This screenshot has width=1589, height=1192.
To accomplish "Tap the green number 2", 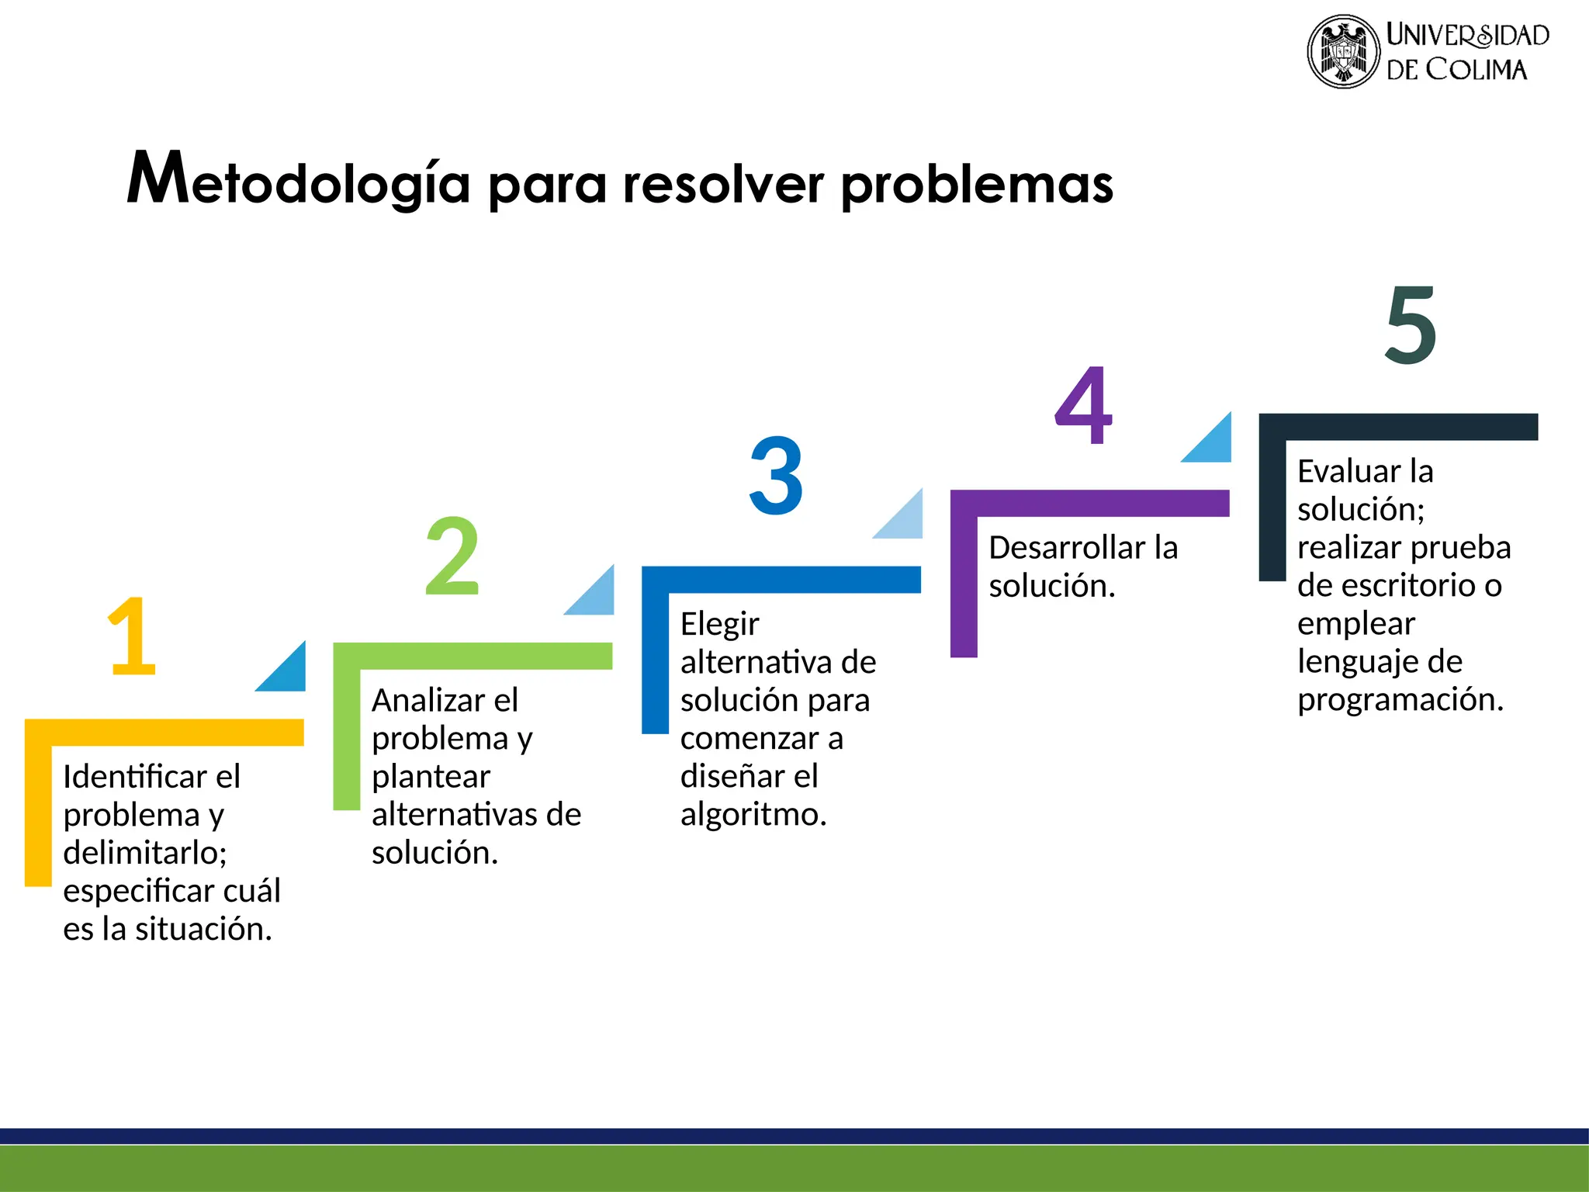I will [x=452, y=556].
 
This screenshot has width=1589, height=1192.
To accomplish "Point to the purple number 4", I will [x=1083, y=405].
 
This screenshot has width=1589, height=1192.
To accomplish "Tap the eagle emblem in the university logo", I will [x=1344, y=52].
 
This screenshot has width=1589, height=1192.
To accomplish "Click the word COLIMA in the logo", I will [x=1476, y=70].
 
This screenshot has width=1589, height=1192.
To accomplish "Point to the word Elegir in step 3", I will [x=719, y=625].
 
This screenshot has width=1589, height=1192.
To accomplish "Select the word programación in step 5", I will [x=1400, y=700].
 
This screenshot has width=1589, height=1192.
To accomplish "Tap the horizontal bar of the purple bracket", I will [x=1090, y=503].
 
